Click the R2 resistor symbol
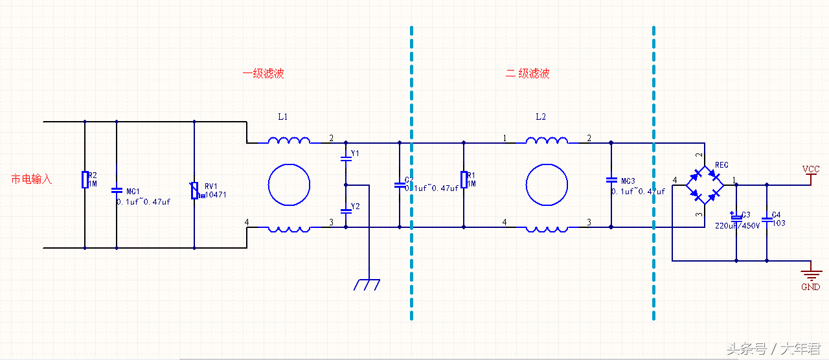85,179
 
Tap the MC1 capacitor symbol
117,190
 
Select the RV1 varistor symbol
195,190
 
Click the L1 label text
283,117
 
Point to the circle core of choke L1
290,185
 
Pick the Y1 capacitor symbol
345,157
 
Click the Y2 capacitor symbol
345,210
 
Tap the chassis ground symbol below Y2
368,284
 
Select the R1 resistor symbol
464,179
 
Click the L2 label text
541,117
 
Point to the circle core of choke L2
547,185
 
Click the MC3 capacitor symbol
611,179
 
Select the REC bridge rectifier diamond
705,185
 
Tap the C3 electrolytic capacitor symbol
736,216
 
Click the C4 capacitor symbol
767,219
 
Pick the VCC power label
811,169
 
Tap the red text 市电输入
32,179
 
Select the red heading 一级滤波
264,74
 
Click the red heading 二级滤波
528,74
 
